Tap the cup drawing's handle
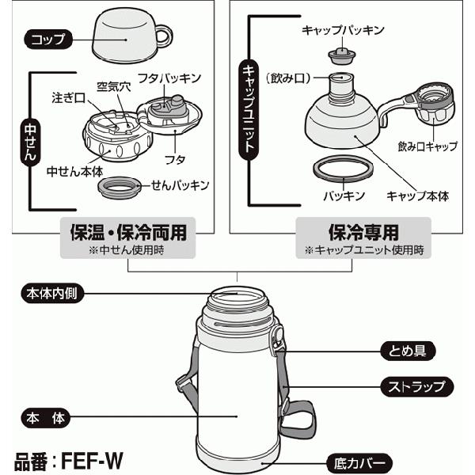(162, 35)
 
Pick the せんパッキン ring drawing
(120, 187)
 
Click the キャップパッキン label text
(343, 30)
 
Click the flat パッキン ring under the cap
(343, 169)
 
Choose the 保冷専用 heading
(363, 233)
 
